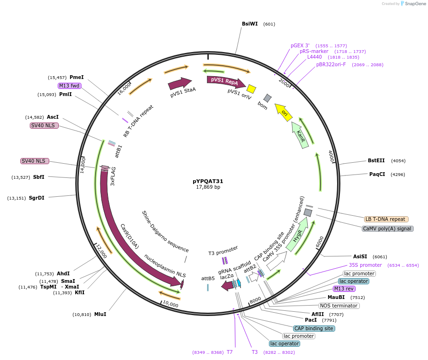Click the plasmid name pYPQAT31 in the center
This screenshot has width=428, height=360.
coord(208,181)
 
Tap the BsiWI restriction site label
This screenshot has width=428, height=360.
coord(250,24)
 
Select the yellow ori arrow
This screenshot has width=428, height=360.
coord(283,113)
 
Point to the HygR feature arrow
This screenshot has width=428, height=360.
coord(297,235)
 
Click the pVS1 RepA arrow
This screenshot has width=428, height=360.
coord(225,81)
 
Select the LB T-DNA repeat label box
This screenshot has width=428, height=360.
coord(386,219)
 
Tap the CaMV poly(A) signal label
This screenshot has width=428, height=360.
coord(387,228)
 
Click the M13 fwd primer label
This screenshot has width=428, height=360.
coord(69,86)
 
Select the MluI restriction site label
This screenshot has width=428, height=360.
coord(100,314)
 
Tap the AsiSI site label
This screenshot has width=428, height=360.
coord(360,256)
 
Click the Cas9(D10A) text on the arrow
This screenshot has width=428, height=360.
coord(129,236)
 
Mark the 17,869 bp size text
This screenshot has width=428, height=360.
coord(208,187)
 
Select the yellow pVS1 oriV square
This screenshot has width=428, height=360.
coord(251,89)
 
